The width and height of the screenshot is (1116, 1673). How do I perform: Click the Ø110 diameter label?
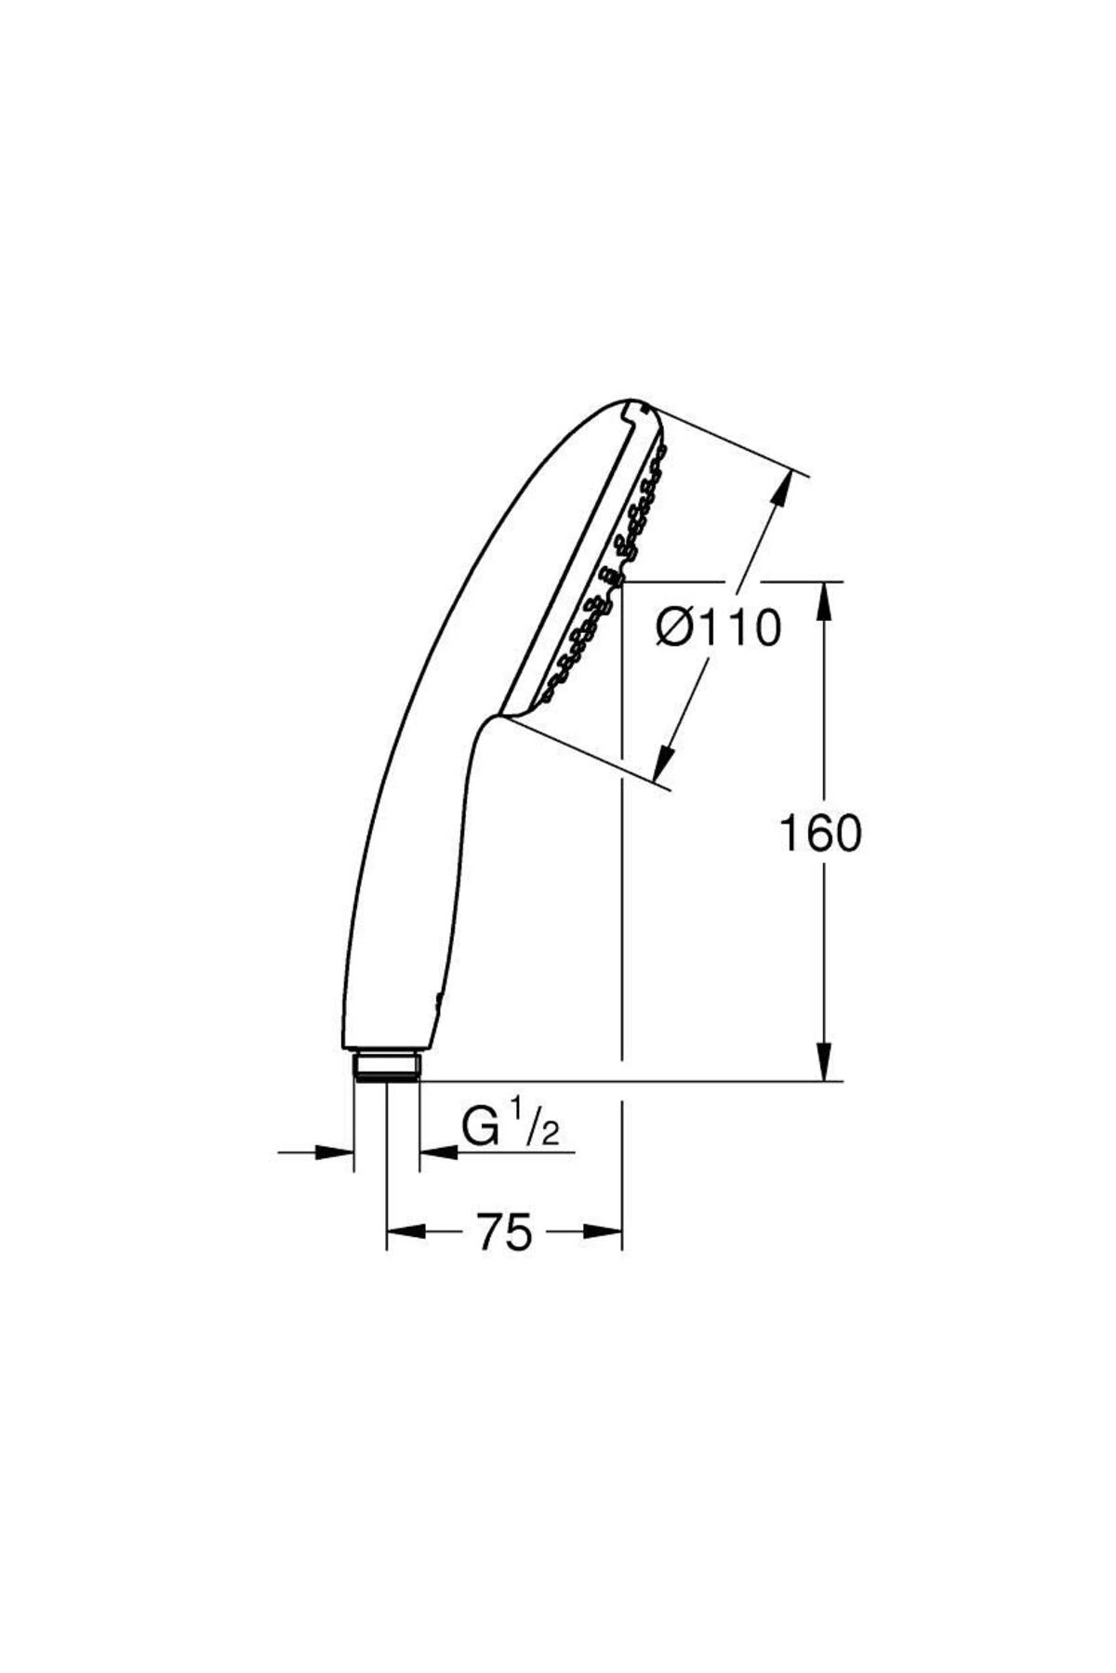[717, 628]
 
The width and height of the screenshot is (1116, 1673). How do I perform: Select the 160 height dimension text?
[819, 833]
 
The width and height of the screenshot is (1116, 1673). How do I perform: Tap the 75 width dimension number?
[505, 1232]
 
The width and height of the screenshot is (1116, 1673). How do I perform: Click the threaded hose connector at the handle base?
[387, 1065]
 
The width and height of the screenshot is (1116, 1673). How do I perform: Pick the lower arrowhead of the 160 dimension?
[824, 1061]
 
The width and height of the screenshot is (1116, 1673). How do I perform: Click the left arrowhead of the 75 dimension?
[405, 1232]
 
